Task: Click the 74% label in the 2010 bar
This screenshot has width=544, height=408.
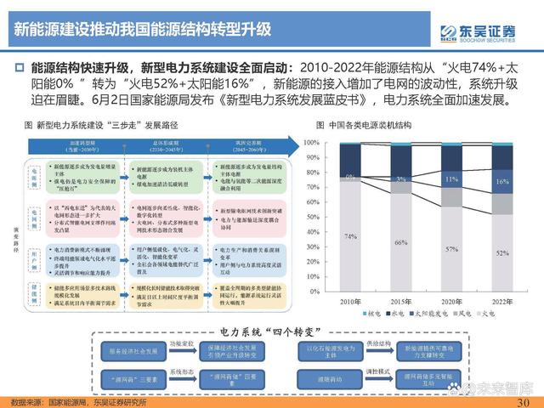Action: pos(350,235)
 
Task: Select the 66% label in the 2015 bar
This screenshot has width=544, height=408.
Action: pos(401,243)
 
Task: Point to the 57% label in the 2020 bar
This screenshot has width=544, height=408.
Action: pos(452,249)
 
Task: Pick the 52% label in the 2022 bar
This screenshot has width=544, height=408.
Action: pos(503,253)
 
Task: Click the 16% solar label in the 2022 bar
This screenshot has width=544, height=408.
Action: pos(503,182)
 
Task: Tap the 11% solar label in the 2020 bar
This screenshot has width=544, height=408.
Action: pos(452,180)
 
